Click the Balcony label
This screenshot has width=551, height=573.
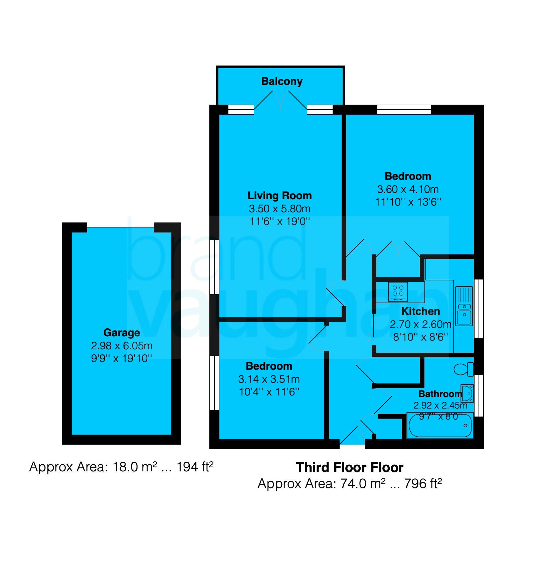point(282,82)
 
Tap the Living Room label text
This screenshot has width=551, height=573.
point(280,196)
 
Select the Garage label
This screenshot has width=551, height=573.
point(122,333)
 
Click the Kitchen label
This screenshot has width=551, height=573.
point(420,311)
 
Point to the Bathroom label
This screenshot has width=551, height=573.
point(440,394)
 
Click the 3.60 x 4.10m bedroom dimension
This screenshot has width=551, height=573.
point(408,189)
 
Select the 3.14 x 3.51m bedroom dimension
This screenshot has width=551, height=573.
point(269,379)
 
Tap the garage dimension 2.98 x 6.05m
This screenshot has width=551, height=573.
point(122,346)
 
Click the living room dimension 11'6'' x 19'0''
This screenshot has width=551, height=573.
point(280,221)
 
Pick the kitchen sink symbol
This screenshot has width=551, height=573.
point(464,306)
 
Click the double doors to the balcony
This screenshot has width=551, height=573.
point(281,100)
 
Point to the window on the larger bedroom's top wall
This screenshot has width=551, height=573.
point(404,110)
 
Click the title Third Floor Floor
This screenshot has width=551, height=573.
point(350,467)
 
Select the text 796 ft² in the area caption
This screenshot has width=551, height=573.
point(423,483)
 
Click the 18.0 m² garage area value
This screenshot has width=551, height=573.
point(135,467)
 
